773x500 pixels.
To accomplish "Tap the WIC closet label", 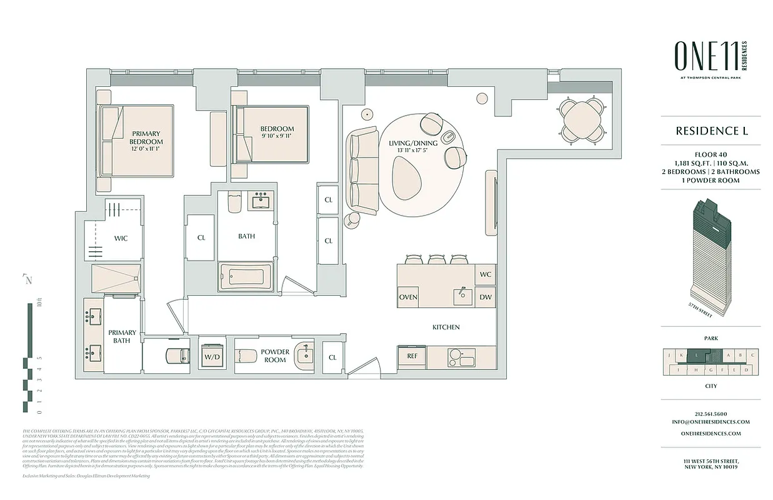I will [x=121, y=238].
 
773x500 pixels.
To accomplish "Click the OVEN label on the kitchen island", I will [x=408, y=297].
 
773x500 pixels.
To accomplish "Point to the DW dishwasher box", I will [x=486, y=297].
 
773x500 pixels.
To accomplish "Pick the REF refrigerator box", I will [x=412, y=356].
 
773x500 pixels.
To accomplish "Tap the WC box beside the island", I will [x=486, y=274].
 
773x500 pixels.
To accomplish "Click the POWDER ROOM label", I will [x=275, y=356].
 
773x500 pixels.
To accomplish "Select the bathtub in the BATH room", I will [x=246, y=276].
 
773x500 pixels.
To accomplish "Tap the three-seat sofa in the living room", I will [x=363, y=168].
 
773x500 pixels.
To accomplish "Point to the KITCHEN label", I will [x=446, y=327].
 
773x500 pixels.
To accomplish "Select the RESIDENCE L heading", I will [x=711, y=131].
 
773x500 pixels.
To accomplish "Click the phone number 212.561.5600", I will [x=711, y=414].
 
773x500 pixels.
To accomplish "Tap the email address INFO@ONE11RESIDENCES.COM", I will [x=711, y=422].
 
